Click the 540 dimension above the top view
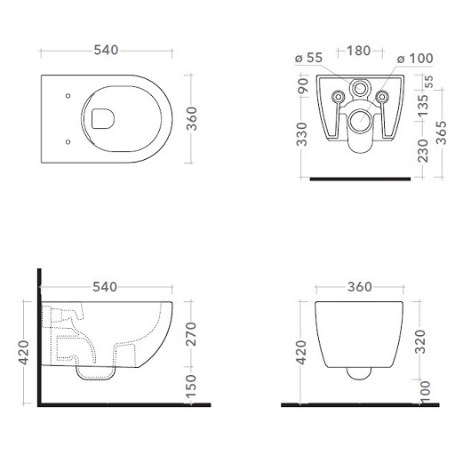pyautogui.click(x=106, y=50)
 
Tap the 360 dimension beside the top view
pyautogui.click(x=192, y=119)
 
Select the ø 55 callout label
pyautogui.click(x=308, y=58)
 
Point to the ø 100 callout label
pyautogui.click(x=415, y=59)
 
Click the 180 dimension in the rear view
pyautogui.click(x=358, y=51)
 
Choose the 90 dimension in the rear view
pyautogui.click(x=303, y=85)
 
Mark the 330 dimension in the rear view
pyautogui.click(x=302, y=134)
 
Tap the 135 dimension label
pyautogui.click(x=423, y=106)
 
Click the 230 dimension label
pyautogui.click(x=423, y=150)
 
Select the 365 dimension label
pyautogui.click(x=442, y=132)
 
